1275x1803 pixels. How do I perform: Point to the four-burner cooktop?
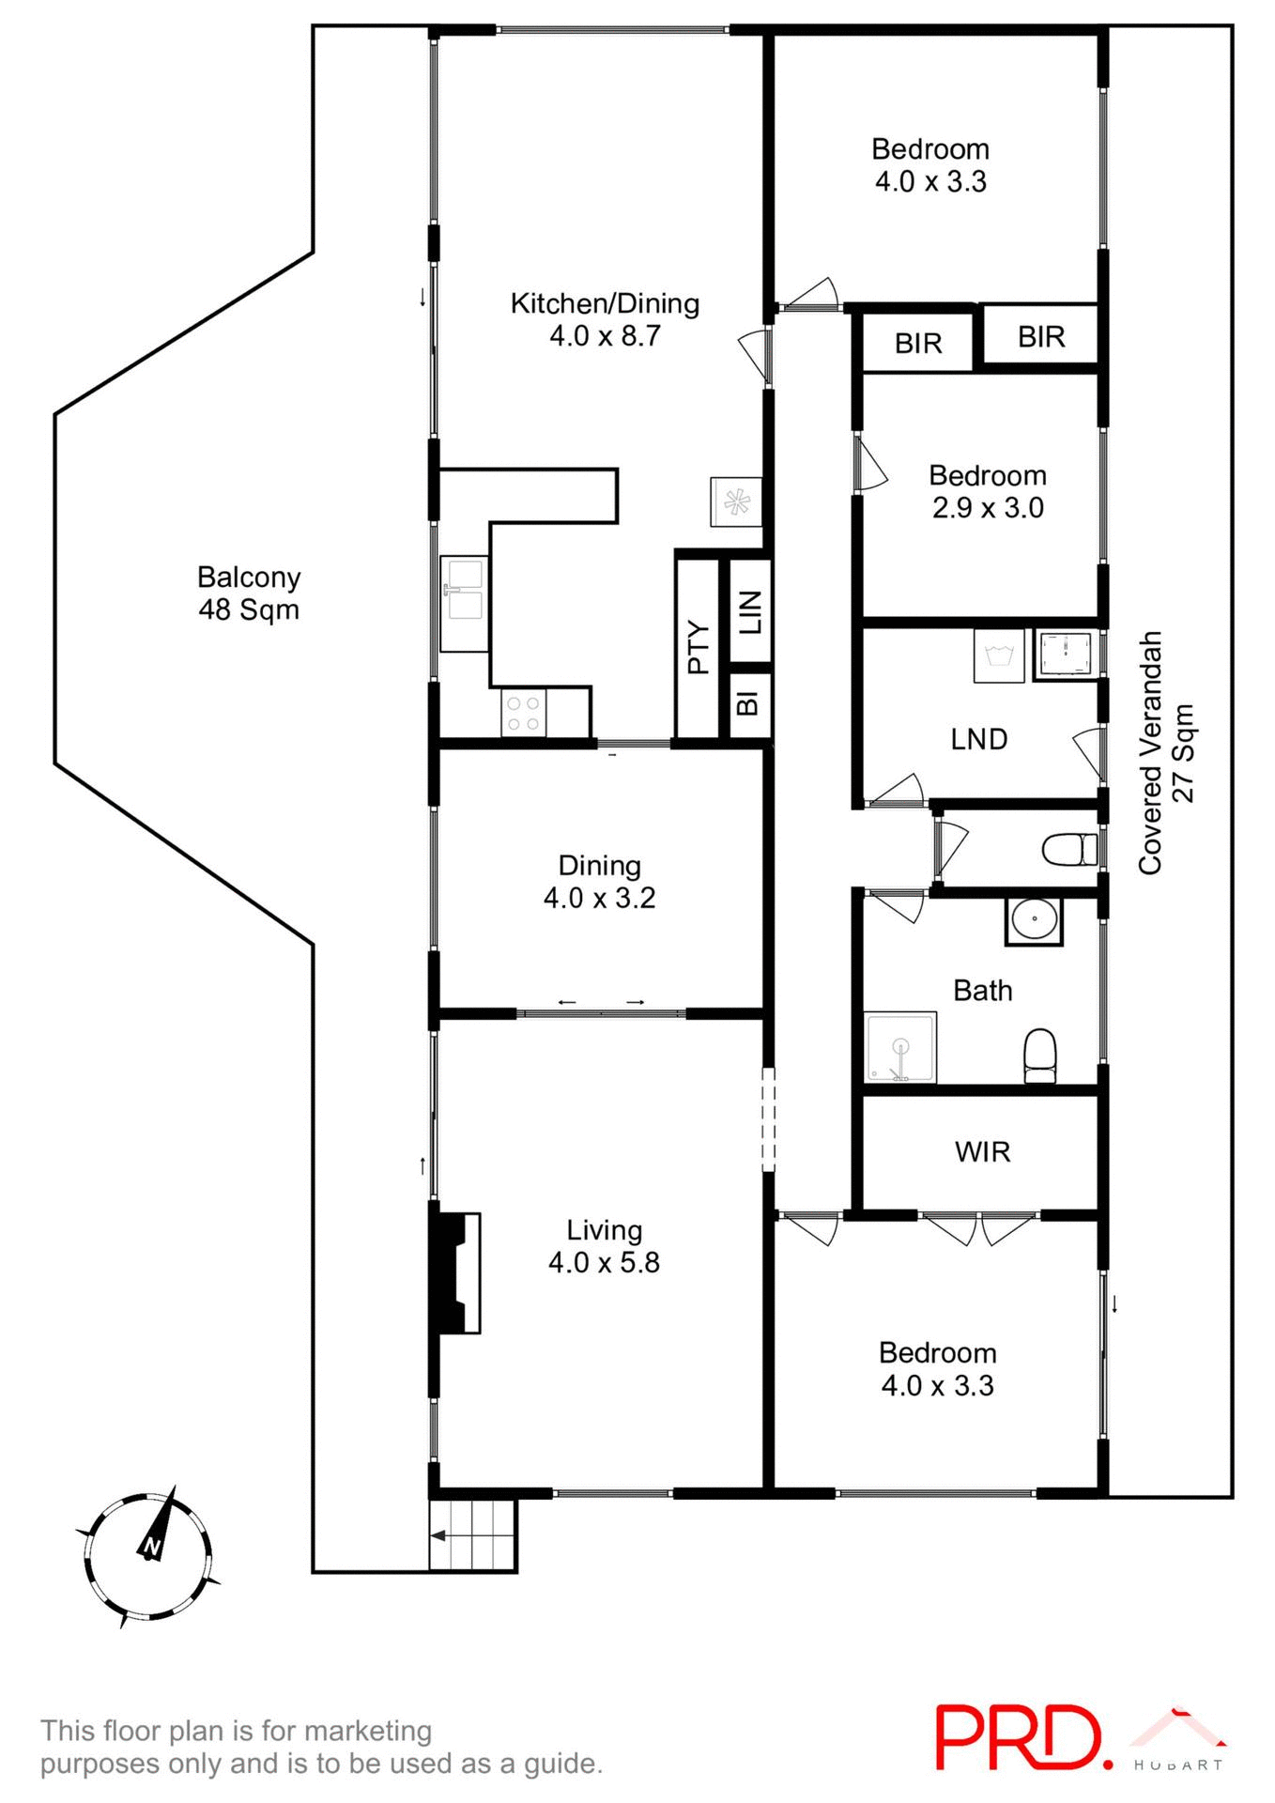[523, 713]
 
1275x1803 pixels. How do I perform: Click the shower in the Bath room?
[900, 1046]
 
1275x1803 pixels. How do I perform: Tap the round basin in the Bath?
[1034, 920]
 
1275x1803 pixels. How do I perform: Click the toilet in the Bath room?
[1039, 1056]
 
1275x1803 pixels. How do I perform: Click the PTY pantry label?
[698, 647]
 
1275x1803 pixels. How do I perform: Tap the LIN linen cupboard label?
[750, 612]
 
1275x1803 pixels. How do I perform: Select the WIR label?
[982, 1152]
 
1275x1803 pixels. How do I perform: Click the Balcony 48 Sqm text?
[249, 593]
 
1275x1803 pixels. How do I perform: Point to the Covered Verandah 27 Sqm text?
[1166, 753]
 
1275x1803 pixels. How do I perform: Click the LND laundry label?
[979, 740]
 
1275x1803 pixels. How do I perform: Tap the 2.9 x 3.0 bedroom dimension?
[988, 508]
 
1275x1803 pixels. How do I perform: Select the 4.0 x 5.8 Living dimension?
[604, 1262]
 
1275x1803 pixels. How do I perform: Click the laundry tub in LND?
[999, 655]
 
